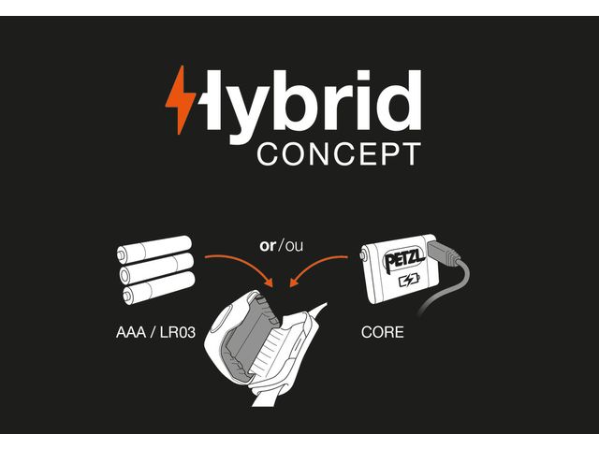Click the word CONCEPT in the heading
pyautogui.click(x=339, y=153)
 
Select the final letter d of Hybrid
pyautogui.click(x=402, y=100)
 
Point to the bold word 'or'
pyautogui.click(x=269, y=246)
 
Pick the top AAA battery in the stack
pyautogui.click(x=155, y=250)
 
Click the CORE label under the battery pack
pyautogui.click(x=382, y=332)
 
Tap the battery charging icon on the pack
pyautogui.click(x=408, y=281)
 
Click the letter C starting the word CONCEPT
pyautogui.click(x=268, y=153)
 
